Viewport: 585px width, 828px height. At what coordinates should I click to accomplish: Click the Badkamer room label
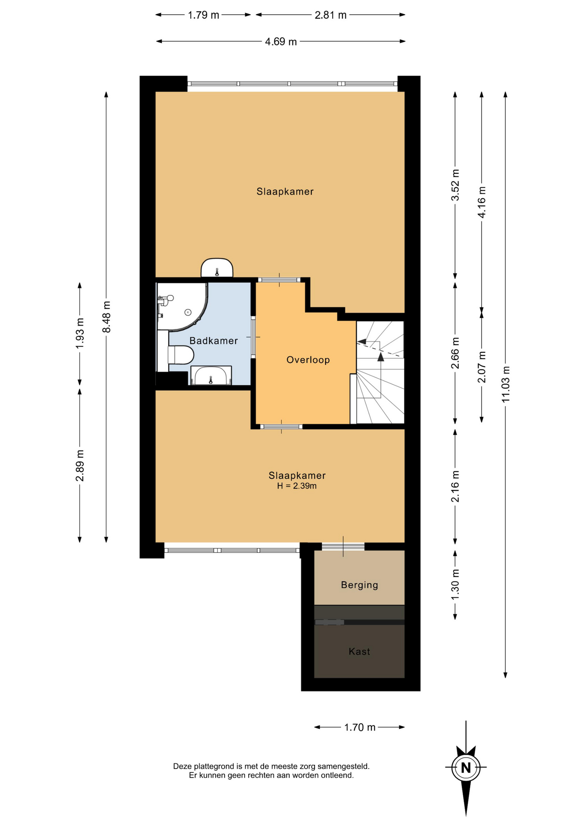pyautogui.click(x=213, y=341)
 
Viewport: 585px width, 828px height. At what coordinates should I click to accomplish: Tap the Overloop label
pyautogui.click(x=308, y=360)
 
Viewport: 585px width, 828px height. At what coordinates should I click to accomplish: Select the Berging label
pyautogui.click(x=359, y=585)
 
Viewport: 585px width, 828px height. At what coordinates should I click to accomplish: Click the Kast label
pyautogui.click(x=359, y=651)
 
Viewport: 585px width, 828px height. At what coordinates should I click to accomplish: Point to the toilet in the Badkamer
pyautogui.click(x=180, y=355)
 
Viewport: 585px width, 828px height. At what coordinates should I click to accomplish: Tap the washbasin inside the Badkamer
pyautogui.click(x=211, y=375)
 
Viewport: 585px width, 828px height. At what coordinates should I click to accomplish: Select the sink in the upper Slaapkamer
pyautogui.click(x=217, y=268)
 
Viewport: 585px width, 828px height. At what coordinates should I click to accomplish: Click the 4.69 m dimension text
pyautogui.click(x=281, y=41)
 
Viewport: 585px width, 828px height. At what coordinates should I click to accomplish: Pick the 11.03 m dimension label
pyautogui.click(x=505, y=384)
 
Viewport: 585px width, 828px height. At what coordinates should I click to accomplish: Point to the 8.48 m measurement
pyautogui.click(x=106, y=317)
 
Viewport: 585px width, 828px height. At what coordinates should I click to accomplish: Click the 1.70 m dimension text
pyautogui.click(x=360, y=727)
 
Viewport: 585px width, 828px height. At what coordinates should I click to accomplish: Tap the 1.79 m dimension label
pyautogui.click(x=203, y=15)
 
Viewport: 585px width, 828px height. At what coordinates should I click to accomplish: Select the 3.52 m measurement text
pyautogui.click(x=455, y=185)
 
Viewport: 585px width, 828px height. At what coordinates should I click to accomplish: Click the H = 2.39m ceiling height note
pyautogui.click(x=297, y=486)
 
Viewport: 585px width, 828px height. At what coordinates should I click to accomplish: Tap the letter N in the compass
pyautogui.click(x=466, y=768)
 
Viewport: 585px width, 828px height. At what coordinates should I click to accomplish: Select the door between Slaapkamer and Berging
pyautogui.click(x=343, y=546)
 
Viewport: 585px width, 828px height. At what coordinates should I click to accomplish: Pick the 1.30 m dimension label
pyautogui.click(x=455, y=584)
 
